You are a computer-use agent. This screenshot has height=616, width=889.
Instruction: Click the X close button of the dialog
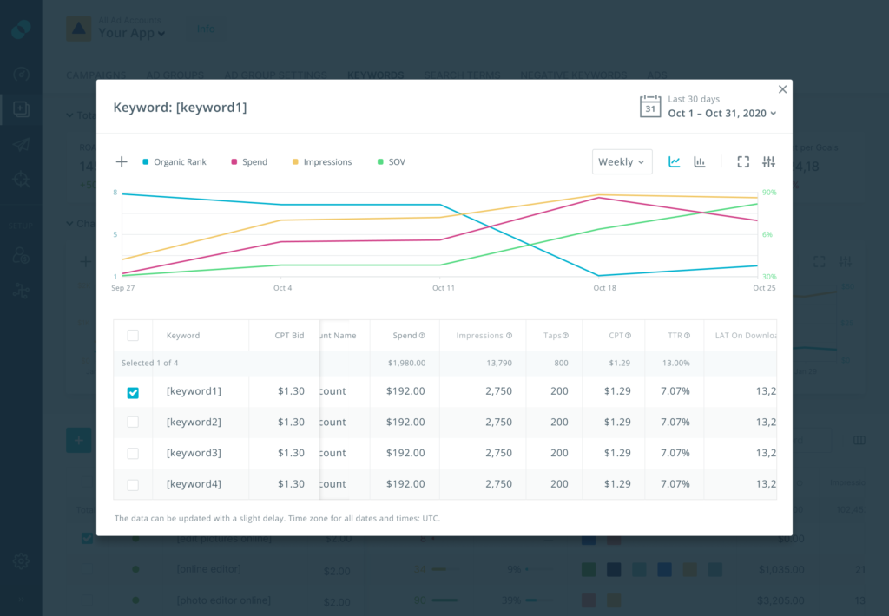(782, 89)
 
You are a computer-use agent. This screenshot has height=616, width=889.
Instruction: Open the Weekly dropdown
(622, 162)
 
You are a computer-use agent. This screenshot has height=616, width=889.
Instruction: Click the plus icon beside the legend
(122, 162)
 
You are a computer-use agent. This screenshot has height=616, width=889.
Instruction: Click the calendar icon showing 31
(650, 107)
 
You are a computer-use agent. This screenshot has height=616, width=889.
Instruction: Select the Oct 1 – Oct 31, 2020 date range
(721, 114)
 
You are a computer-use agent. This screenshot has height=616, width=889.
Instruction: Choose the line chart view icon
(675, 162)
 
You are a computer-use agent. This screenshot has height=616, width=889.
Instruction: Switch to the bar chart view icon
(700, 162)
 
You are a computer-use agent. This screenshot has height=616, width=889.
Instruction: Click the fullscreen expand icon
(743, 162)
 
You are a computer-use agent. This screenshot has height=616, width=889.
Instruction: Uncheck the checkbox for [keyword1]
(133, 392)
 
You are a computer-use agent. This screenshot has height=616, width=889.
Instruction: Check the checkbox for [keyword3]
(133, 454)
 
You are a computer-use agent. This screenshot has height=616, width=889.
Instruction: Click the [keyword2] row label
(194, 423)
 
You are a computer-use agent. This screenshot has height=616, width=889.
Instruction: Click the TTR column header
(674, 336)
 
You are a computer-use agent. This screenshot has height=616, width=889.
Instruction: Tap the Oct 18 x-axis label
(604, 288)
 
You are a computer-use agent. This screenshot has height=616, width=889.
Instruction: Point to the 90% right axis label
(769, 193)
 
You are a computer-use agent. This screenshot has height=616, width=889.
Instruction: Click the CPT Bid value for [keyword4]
(291, 484)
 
